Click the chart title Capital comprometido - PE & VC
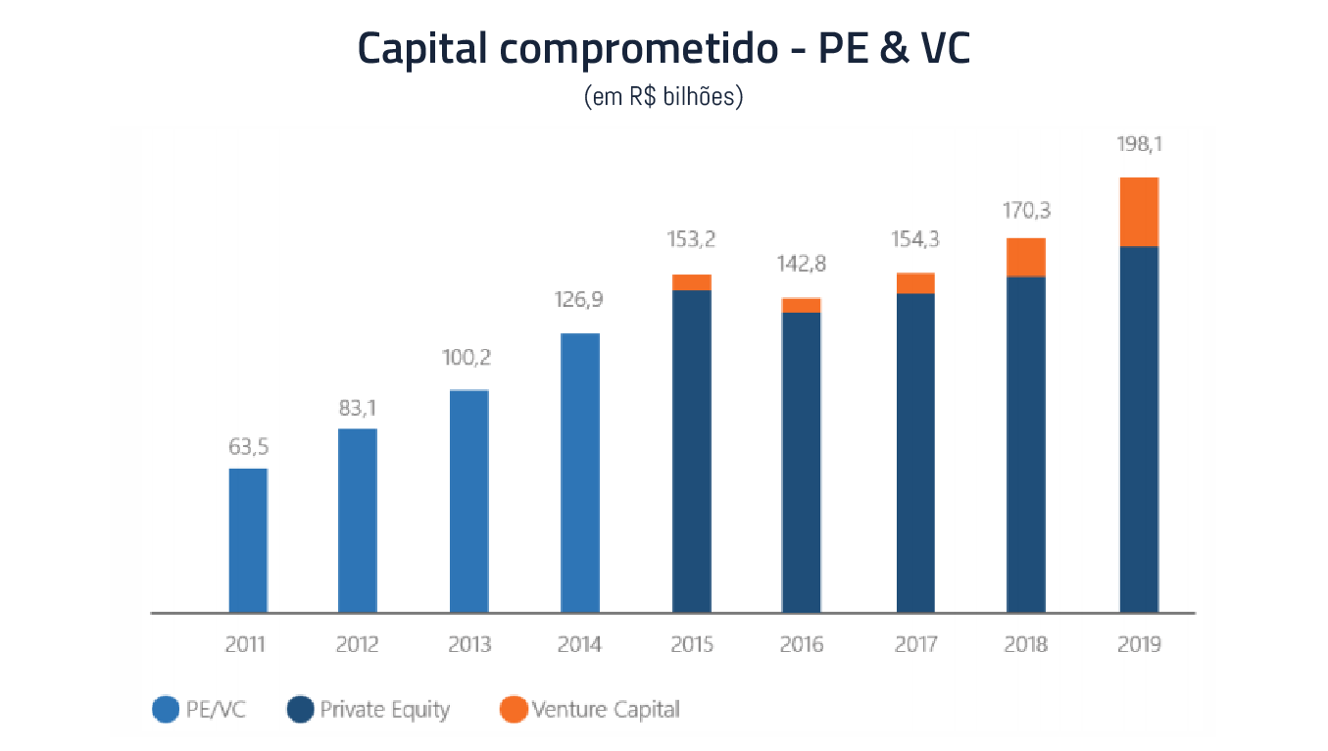click(664, 49)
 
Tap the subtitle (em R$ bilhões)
click(664, 97)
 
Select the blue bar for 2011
click(248, 540)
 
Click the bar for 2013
click(468, 501)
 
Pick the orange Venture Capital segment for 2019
click(1139, 212)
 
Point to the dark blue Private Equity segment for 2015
click(692, 451)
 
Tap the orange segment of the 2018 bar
click(1026, 258)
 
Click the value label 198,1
click(1139, 145)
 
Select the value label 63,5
click(248, 447)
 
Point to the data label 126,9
click(580, 300)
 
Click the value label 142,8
click(802, 265)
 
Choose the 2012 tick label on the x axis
click(357, 644)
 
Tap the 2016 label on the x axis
click(802, 644)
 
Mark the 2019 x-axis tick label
click(1139, 644)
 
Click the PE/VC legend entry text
click(216, 709)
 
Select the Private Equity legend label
click(384, 709)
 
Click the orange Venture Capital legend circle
click(512, 709)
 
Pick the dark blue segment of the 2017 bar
click(915, 453)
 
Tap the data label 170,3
click(1026, 211)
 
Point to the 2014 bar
click(580, 473)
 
